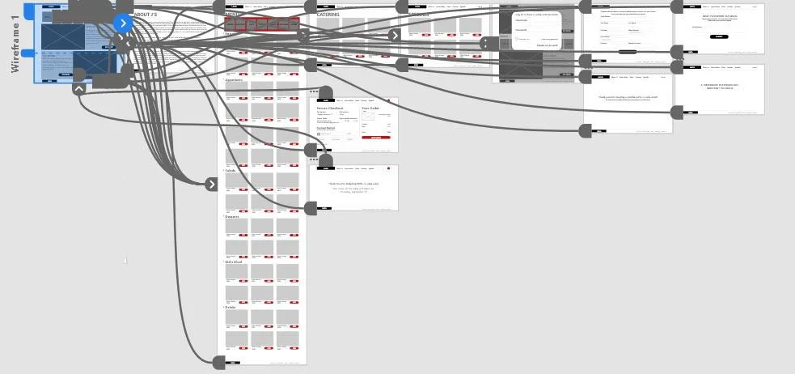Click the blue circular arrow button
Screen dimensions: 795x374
click(123, 23)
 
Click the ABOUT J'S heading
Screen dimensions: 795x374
click(146, 15)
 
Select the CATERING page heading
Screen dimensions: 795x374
click(328, 15)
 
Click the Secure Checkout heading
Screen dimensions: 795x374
click(330, 108)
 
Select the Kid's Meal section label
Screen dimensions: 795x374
click(234, 261)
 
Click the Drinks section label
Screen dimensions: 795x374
click(231, 307)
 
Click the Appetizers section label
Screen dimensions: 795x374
click(234, 80)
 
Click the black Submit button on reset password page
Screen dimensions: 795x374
click(718, 36)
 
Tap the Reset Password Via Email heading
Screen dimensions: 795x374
click(718, 15)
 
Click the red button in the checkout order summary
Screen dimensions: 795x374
click(376, 138)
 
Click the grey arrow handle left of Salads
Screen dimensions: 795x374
click(211, 184)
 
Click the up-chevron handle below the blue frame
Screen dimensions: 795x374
click(78, 89)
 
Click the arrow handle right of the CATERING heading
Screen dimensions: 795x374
click(394, 35)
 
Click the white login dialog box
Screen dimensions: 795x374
click(536, 28)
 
